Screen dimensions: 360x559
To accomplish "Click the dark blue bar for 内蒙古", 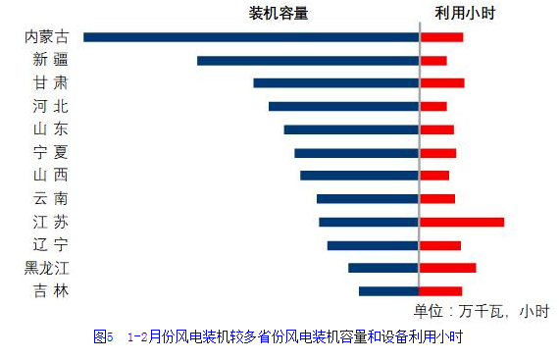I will pyautogui.click(x=251, y=37).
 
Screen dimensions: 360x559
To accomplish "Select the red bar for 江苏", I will pyautogui.click(x=462, y=222).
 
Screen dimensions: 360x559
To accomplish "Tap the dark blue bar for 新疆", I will pyautogui.click(x=308, y=61).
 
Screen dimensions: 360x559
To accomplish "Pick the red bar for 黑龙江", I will pyautogui.click(x=448, y=268).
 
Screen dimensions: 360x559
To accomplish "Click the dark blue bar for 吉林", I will pyautogui.click(x=388, y=290).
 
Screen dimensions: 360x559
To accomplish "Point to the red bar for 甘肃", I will pyautogui.click(x=442, y=83).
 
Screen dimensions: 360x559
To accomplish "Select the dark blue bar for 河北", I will pyautogui.click(x=343, y=106).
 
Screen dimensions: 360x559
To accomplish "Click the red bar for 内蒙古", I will pyautogui.click(x=441, y=37).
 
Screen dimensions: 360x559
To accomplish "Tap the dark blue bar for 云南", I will pyautogui.click(x=368, y=199).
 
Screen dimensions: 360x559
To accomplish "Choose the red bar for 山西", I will pyautogui.click(x=434, y=176).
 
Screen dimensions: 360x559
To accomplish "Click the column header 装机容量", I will pyautogui.click(x=279, y=13).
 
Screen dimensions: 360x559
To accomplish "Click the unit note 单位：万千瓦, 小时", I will pyautogui.click(x=482, y=311).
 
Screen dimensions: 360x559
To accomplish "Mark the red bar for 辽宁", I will pyautogui.click(x=440, y=245).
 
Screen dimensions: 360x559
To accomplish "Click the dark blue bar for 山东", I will pyautogui.click(x=351, y=129).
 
